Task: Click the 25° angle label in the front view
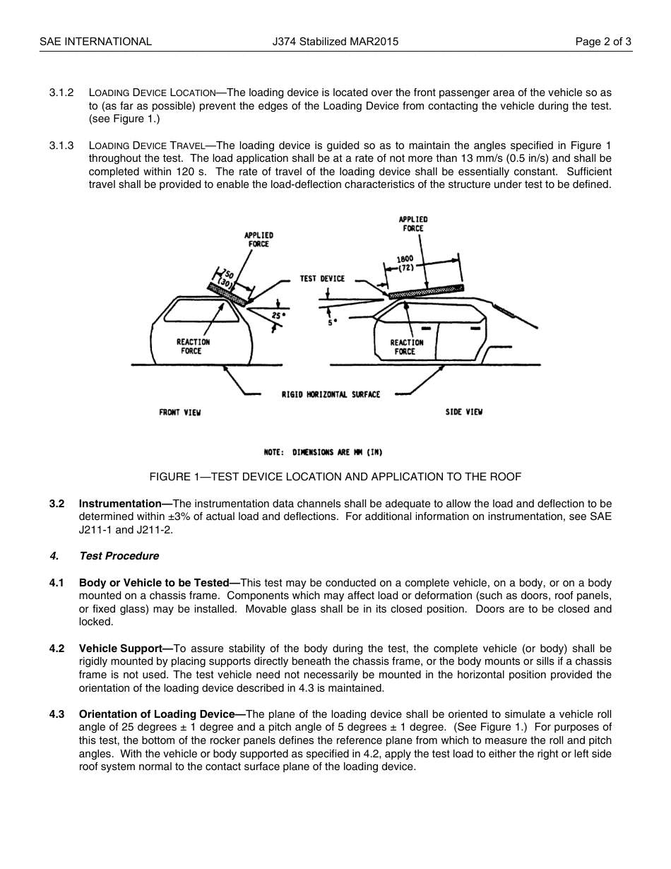tap(278, 315)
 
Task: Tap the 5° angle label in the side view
tap(332, 321)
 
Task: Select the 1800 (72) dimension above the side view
tap(405, 264)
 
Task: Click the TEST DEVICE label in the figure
tap(322, 278)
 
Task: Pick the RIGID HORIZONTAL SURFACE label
tap(331, 394)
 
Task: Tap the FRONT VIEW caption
tap(179, 413)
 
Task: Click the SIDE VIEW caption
tap(463, 412)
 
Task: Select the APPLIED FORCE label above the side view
tap(413, 224)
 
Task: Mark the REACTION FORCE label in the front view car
tap(193, 346)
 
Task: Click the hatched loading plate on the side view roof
tap(426, 290)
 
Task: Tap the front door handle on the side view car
tap(426, 329)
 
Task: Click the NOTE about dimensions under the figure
tap(323, 452)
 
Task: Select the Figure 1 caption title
tap(335, 477)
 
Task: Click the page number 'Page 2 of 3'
tap(603, 42)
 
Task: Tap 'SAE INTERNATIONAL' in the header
tap(95, 42)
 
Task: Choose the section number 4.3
tap(57, 714)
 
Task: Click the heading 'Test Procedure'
tap(119, 556)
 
